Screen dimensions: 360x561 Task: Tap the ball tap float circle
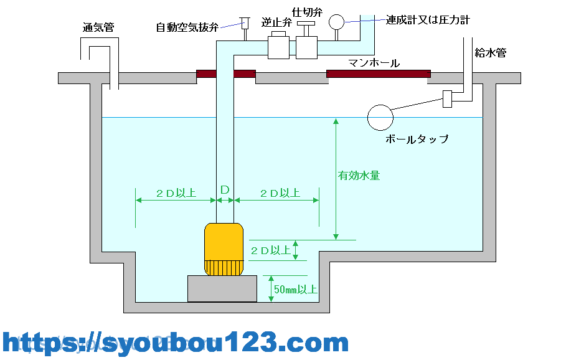(x=380, y=116)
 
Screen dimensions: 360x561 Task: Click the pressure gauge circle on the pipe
(x=336, y=22)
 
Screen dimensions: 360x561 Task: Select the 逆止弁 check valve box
(x=278, y=47)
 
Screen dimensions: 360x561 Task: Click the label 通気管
(x=98, y=27)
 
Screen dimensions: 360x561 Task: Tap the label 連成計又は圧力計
(x=427, y=20)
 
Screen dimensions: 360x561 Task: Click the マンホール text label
(x=374, y=62)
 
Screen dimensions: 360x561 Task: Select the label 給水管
(x=490, y=52)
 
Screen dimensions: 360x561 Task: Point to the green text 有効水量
(x=359, y=176)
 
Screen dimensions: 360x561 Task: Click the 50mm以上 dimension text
(x=296, y=290)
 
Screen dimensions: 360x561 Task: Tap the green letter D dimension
(x=225, y=189)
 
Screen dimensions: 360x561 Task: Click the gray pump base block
(x=222, y=288)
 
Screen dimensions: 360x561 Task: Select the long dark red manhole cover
(x=378, y=74)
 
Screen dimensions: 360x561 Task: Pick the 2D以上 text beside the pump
(x=271, y=250)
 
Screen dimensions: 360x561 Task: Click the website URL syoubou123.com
(x=176, y=343)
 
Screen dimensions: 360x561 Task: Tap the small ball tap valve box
(x=446, y=99)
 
